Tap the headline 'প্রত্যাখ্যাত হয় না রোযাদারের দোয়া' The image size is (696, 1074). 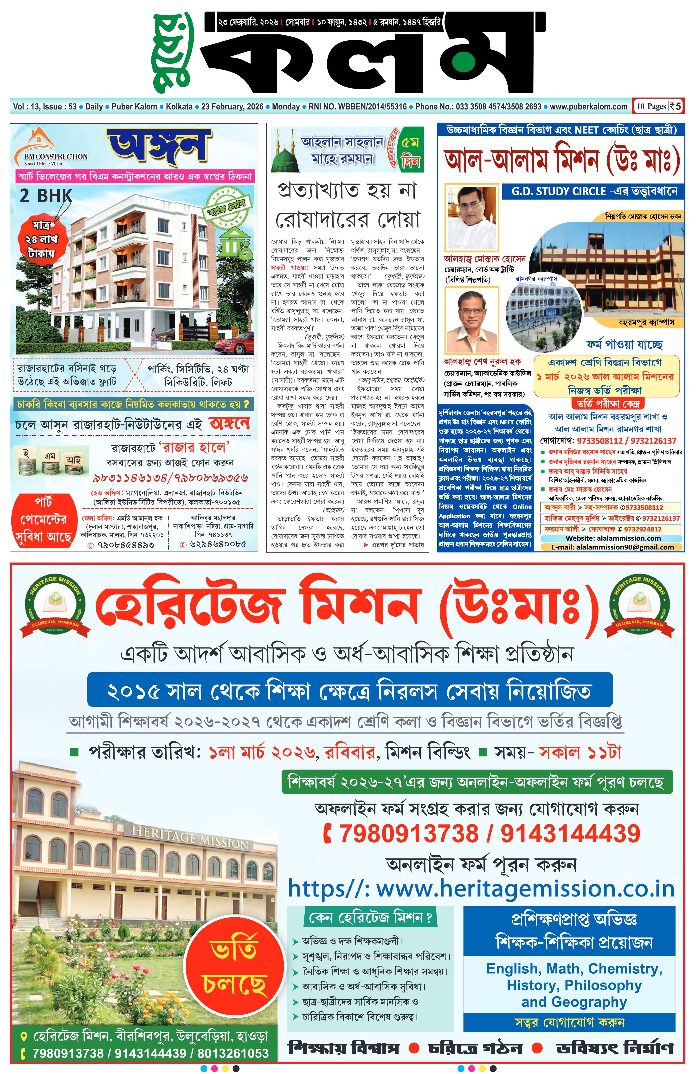pos(348,205)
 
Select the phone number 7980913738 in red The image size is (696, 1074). pos(408,833)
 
